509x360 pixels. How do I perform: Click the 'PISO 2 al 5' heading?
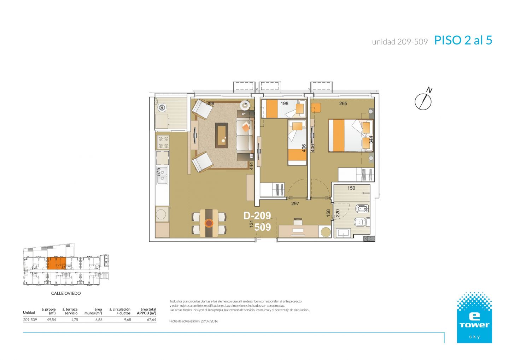pyautogui.click(x=463, y=40)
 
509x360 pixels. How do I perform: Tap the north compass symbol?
pyautogui.click(x=423, y=100)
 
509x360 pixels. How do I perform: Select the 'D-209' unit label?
pyautogui.click(x=257, y=216)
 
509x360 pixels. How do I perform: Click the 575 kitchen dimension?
pyautogui.click(x=159, y=171)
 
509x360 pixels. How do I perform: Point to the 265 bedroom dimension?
pyautogui.click(x=343, y=104)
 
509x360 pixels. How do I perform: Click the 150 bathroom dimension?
pyautogui.click(x=351, y=188)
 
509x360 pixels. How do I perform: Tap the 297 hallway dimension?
pyautogui.click(x=295, y=203)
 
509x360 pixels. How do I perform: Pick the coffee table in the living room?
pyautogui.click(x=222, y=136)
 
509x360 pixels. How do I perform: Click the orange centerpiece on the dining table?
pyautogui.click(x=209, y=223)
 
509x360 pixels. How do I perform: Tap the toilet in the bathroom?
pyautogui.click(x=362, y=222)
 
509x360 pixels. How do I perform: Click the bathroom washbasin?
pyautogui.click(x=344, y=233)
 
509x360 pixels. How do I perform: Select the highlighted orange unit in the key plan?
pyautogui.click(x=57, y=263)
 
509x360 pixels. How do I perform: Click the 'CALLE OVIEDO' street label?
pyautogui.click(x=66, y=293)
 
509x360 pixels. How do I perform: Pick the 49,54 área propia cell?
pyautogui.click(x=51, y=320)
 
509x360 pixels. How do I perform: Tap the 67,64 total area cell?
pyautogui.click(x=151, y=320)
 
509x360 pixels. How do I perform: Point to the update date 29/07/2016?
pyautogui.click(x=209, y=321)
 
